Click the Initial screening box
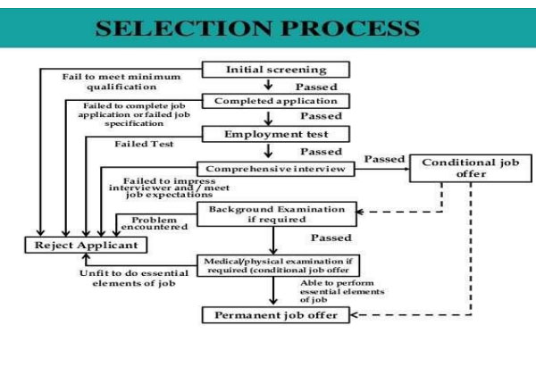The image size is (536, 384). (275, 69)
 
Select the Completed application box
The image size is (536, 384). (275, 101)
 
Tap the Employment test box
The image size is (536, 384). (275, 134)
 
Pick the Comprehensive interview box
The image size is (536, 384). (275, 168)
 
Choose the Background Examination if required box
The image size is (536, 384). (275, 213)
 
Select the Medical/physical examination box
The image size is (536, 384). (275, 266)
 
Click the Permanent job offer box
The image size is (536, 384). (275, 316)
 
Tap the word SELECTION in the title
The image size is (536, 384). (178, 27)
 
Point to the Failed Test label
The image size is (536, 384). (144, 143)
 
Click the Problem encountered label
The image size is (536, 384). (161, 223)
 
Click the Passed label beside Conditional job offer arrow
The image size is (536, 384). (385, 159)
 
